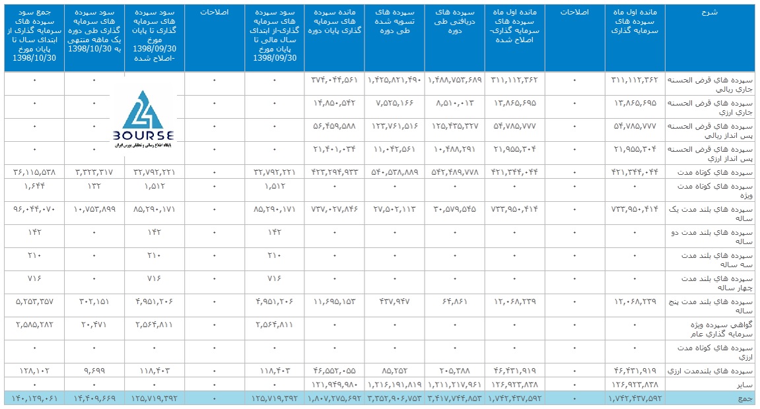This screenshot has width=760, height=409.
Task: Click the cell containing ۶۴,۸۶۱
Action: pos(456,301)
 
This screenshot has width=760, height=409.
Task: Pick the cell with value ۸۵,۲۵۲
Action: pos(395,371)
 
